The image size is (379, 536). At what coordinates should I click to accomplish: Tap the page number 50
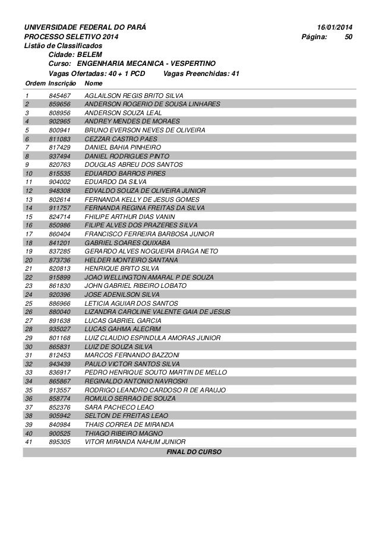click(349, 37)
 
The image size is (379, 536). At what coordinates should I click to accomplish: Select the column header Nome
click(94, 83)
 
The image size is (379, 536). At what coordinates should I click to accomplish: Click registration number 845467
click(60, 95)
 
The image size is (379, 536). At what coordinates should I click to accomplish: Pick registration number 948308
click(60, 192)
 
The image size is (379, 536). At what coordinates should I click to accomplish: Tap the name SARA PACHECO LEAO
click(119, 407)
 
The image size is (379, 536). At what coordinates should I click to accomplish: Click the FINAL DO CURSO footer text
click(194, 452)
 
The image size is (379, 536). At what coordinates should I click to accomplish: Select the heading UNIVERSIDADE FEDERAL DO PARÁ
click(85, 28)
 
